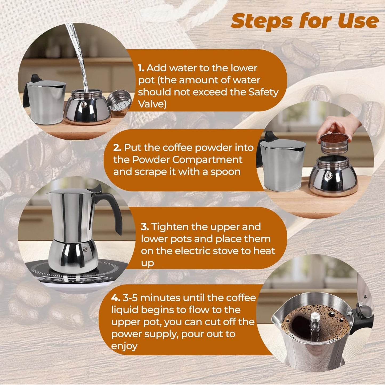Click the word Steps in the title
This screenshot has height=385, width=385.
pyautogui.click(x=262, y=21)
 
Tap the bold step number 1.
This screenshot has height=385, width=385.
pyautogui.click(x=141, y=68)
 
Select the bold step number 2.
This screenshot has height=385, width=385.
pyautogui.click(x=117, y=148)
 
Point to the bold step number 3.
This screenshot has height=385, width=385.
pyautogui.click(x=145, y=227)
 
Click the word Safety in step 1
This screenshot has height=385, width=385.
pyautogui.click(x=263, y=92)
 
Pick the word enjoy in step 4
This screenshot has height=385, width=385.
pyautogui.click(x=124, y=346)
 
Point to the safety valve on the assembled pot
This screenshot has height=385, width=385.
pyautogui.click(x=86, y=249)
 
